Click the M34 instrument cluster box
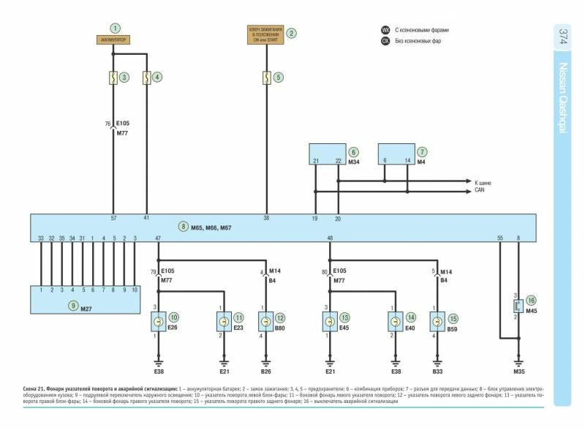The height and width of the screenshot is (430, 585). (326, 154)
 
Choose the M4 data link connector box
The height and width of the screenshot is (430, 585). (395, 154)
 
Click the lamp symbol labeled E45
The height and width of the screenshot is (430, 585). (329, 321)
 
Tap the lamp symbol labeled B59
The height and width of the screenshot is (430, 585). (437, 321)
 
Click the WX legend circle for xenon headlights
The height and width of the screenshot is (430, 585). (385, 30)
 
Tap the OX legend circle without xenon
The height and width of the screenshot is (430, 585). (385, 42)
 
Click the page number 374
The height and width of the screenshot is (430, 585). (563, 37)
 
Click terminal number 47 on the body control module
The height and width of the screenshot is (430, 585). (158, 239)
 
